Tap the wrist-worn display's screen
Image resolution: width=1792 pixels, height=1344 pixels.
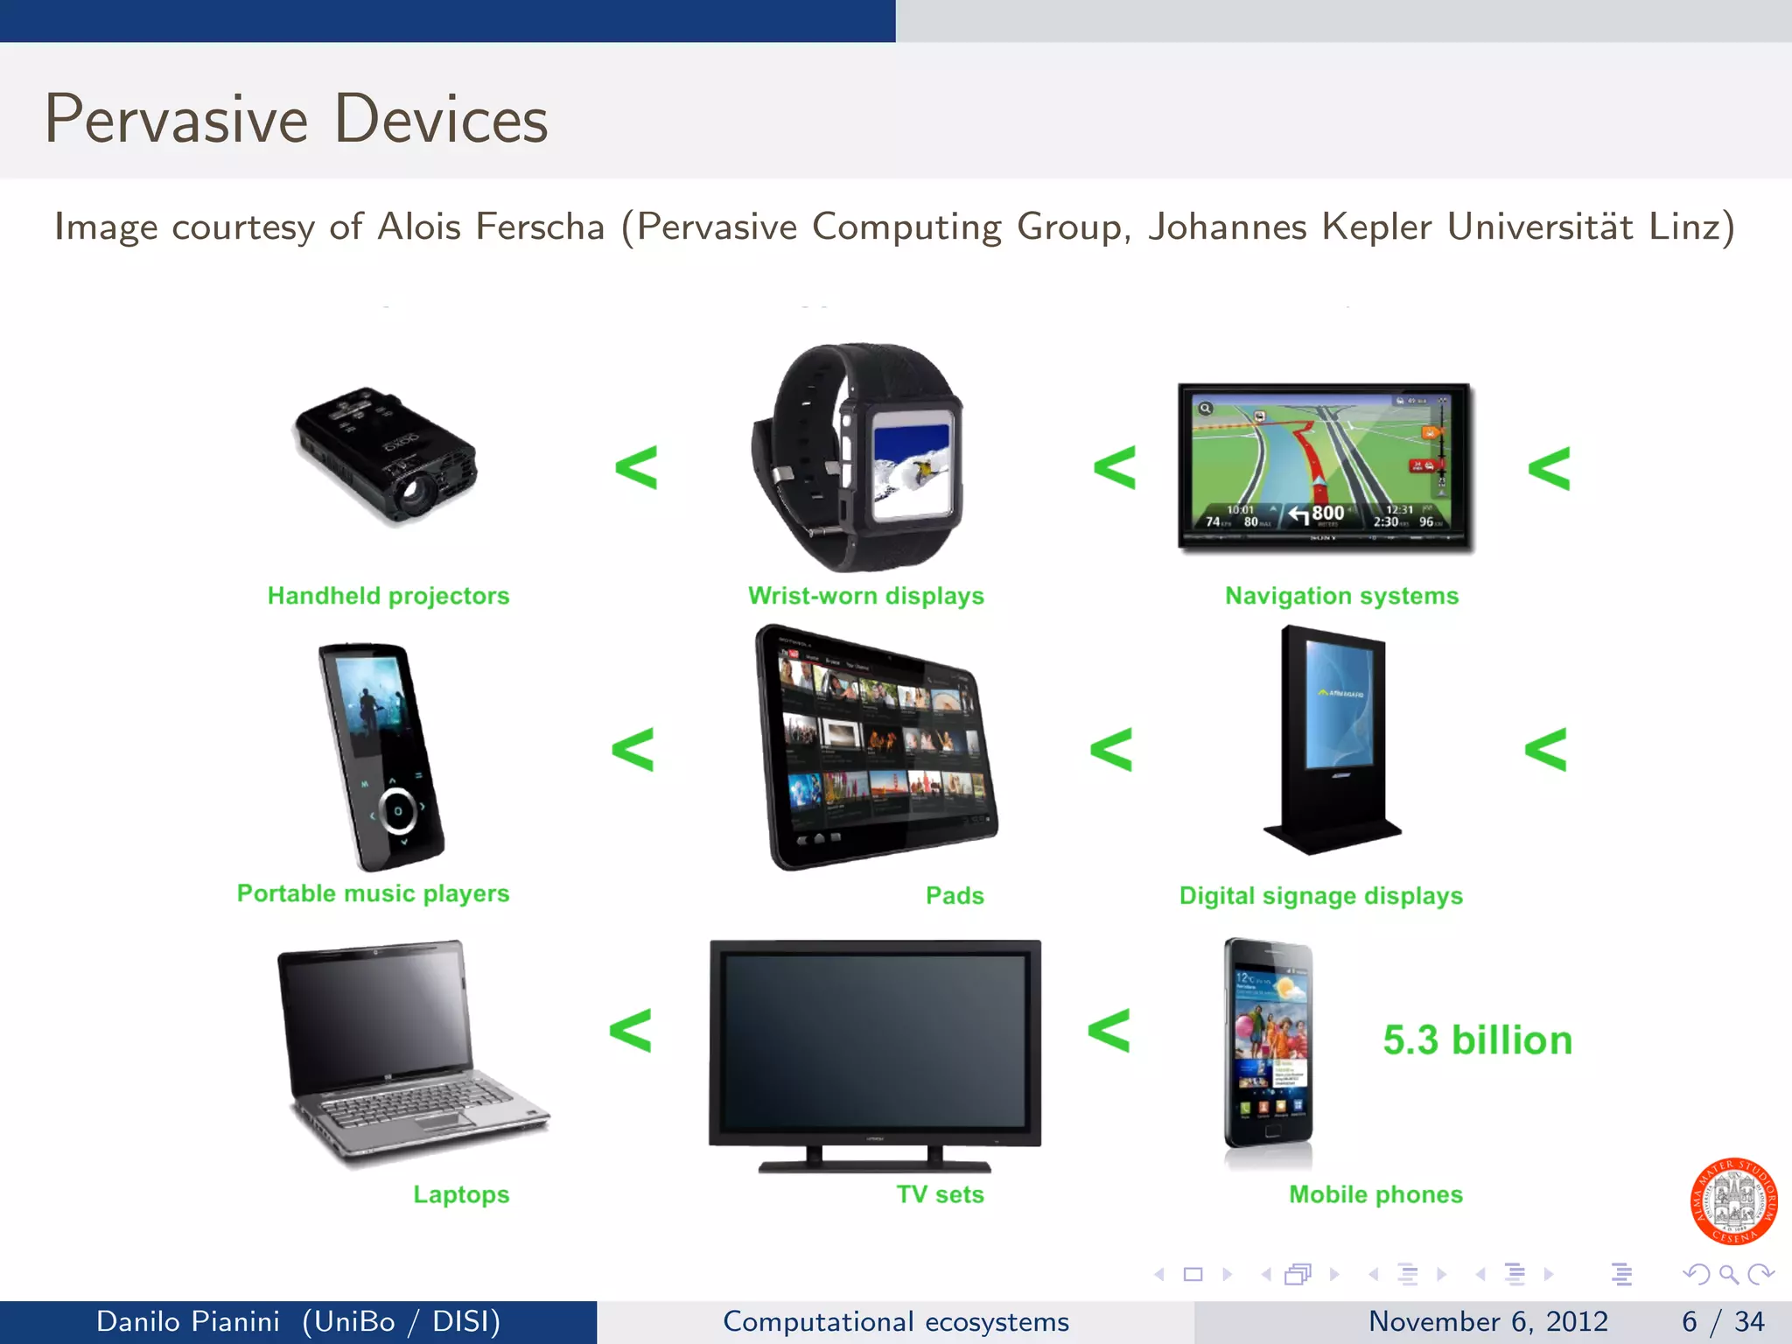click(x=912, y=467)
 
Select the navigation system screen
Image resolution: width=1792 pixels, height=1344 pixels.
click(x=1324, y=464)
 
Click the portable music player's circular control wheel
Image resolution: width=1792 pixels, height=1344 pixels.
click(x=397, y=810)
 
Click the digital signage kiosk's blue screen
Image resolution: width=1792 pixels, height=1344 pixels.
click(x=1340, y=705)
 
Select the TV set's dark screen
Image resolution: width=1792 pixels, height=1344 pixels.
click(x=875, y=1041)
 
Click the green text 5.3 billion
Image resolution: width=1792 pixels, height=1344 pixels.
click(x=1477, y=1040)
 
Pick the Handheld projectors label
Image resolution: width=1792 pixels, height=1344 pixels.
click(x=388, y=596)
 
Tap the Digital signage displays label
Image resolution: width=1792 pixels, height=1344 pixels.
click(x=1320, y=896)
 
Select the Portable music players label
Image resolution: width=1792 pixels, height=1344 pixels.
click(x=373, y=893)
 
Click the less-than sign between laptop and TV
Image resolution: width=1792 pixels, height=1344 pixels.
click(x=631, y=1030)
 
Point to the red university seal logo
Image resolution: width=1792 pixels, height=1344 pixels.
click(x=1732, y=1201)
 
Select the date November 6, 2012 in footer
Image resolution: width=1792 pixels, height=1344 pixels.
click(x=1487, y=1321)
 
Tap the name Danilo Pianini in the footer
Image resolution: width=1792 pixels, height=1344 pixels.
click(x=188, y=1321)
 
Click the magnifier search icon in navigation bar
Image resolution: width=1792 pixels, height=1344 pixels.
click(x=1728, y=1274)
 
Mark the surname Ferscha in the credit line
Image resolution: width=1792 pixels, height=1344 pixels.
click(x=540, y=227)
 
